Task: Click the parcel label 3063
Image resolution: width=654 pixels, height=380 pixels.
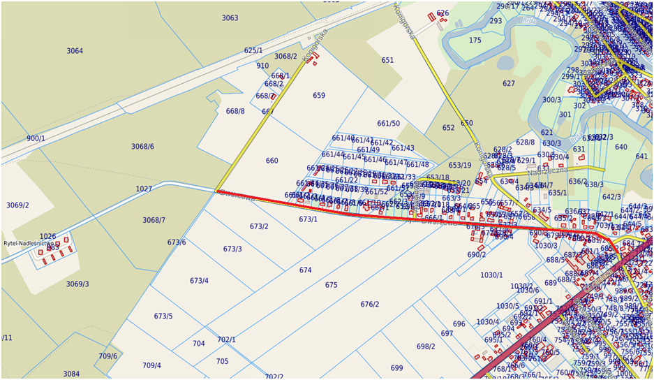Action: (230, 18)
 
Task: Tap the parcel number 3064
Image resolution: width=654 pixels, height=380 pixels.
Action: (75, 51)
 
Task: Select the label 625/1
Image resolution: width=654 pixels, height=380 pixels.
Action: (253, 50)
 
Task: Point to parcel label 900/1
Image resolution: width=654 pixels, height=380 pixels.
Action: (36, 138)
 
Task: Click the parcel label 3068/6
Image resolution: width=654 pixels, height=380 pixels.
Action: (142, 147)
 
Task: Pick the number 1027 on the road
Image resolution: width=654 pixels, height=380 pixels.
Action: (144, 189)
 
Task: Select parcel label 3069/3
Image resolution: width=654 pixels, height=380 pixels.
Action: (77, 284)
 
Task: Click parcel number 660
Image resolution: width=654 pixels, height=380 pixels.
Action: (272, 161)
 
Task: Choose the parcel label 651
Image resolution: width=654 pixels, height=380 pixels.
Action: (387, 60)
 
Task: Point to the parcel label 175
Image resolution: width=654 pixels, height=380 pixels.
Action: (475, 41)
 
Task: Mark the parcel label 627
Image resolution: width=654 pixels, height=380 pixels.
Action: (508, 84)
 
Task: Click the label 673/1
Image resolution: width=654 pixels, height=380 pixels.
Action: (308, 219)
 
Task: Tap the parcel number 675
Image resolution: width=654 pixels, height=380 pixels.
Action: (331, 285)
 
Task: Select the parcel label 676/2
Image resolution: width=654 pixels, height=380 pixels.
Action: (370, 304)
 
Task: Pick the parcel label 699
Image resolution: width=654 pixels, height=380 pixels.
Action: (396, 368)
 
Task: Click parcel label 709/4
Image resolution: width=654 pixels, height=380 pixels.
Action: (151, 365)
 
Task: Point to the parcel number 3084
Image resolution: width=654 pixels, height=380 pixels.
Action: (71, 374)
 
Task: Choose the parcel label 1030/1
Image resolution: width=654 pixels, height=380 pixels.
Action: (491, 275)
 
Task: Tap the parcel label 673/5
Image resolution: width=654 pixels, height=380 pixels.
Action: (163, 316)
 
